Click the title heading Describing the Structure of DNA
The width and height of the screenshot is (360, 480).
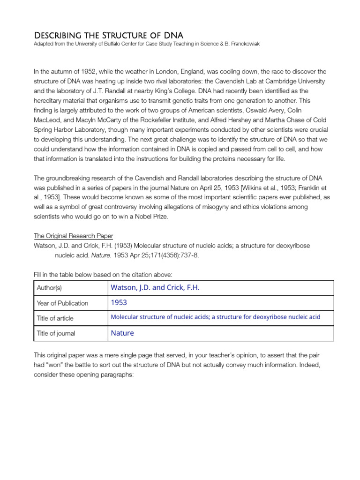[108, 36]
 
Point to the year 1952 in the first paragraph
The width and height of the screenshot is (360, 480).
[84, 71]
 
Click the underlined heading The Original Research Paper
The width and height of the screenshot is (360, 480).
[73, 236]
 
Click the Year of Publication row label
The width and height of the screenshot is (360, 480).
[62, 303]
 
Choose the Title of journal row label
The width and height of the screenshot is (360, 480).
[56, 333]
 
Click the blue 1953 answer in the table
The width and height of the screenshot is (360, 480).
[119, 303]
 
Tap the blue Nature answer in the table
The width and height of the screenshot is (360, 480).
[122, 333]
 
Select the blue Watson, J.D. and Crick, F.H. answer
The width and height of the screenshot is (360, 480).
[155, 288]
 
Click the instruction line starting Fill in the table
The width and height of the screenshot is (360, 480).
[105, 274]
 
